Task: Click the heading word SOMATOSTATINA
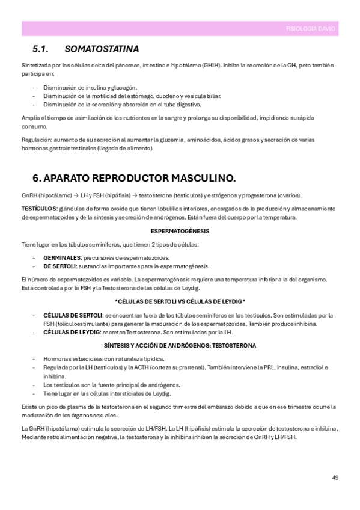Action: [102, 48]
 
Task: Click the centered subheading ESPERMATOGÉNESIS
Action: [180, 231]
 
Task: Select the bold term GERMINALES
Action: [62, 257]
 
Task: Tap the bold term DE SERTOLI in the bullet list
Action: [59, 265]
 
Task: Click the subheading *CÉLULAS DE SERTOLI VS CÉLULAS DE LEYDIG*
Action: [180, 301]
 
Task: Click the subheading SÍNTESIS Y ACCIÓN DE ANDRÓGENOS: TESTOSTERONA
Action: [180, 346]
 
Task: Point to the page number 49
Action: [335, 478]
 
